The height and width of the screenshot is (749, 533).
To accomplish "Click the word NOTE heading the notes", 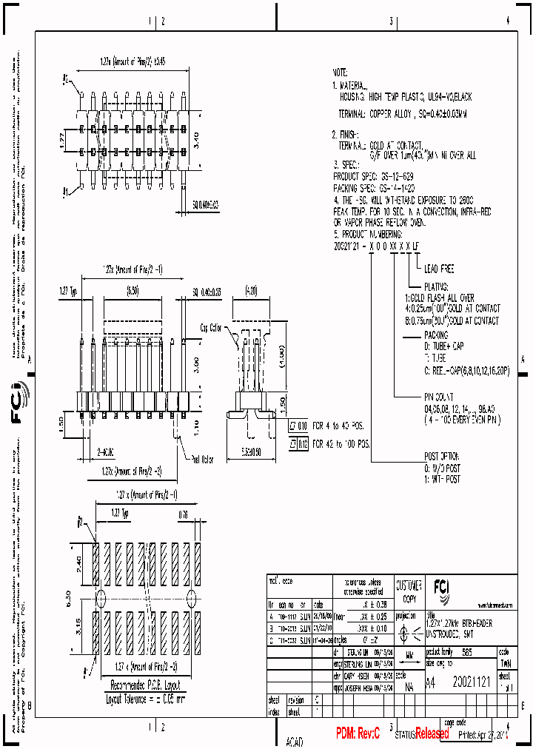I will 340,73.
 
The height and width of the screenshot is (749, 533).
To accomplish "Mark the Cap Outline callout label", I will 211,326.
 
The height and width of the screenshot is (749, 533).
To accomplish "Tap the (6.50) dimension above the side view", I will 133,292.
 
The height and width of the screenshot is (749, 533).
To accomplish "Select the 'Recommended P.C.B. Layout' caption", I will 144,685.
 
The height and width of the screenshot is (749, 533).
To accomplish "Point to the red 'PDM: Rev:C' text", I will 358,733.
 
